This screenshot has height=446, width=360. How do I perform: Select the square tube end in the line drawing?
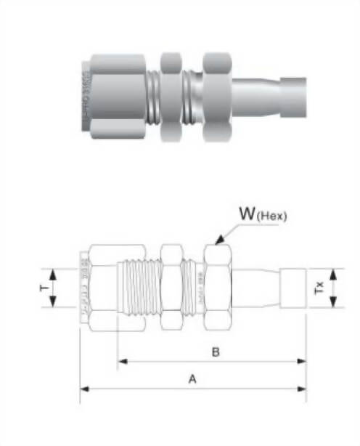(294, 288)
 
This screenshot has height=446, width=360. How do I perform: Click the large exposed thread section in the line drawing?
(140, 287)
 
